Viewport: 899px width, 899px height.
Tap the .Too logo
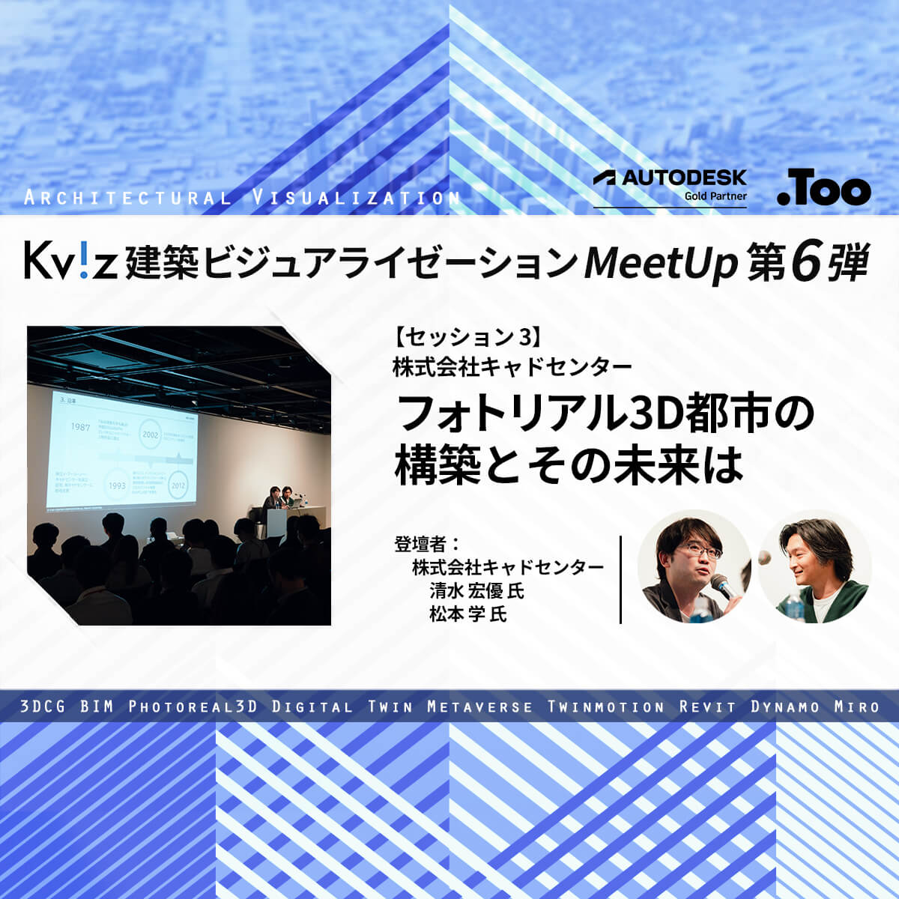pyautogui.click(x=823, y=190)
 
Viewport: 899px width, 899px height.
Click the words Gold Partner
pyautogui.click(x=715, y=196)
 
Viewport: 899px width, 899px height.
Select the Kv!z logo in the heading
pyautogui.click(x=70, y=261)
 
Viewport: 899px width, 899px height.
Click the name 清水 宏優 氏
pyautogui.click(x=476, y=590)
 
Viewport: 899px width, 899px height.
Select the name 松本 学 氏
pyautogui.click(x=467, y=614)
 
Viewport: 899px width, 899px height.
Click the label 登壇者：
pyautogui.click(x=426, y=543)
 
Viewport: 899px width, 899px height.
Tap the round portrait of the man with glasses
pyautogui.click(x=694, y=567)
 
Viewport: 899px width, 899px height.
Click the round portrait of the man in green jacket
pyautogui.click(x=814, y=567)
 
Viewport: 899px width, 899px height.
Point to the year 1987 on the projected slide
pyautogui.click(x=81, y=427)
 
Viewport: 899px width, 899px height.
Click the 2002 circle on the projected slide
pyautogui.click(x=150, y=435)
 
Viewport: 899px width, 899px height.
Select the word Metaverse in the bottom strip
pyautogui.click(x=479, y=706)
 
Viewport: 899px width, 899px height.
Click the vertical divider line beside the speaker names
pyautogui.click(x=621, y=579)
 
